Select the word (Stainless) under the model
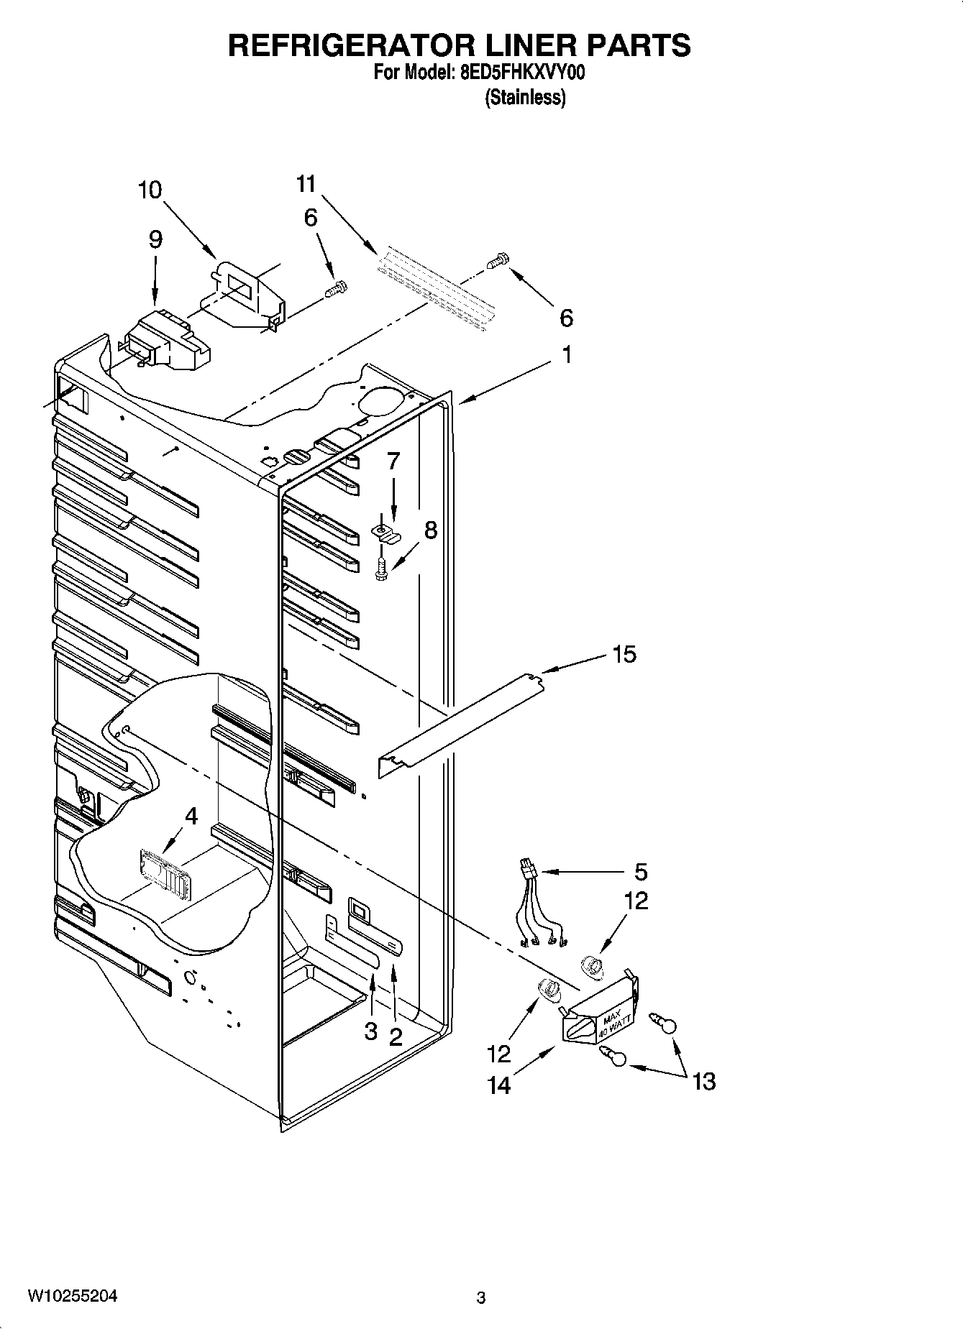[526, 98]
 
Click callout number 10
[150, 190]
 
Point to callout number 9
[155, 239]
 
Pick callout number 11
[306, 184]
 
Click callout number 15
[624, 654]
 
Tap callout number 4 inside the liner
[191, 817]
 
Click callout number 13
[704, 1081]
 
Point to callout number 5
[641, 872]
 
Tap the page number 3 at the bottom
[481, 1298]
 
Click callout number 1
[567, 355]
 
